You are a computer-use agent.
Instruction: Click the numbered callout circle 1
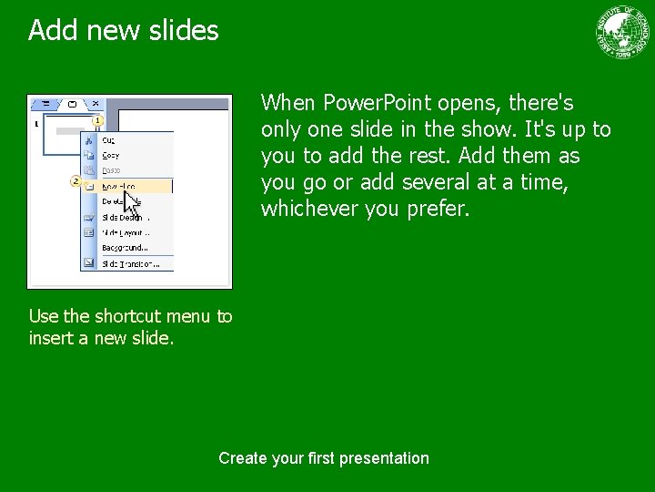coord(97,120)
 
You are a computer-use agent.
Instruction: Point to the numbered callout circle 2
coord(76,181)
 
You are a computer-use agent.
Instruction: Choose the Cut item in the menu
coord(109,140)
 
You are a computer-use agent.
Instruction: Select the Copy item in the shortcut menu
coord(110,156)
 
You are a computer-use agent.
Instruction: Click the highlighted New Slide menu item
coord(120,186)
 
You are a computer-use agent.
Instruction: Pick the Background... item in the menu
coord(125,248)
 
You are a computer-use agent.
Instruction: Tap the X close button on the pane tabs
coord(96,104)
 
